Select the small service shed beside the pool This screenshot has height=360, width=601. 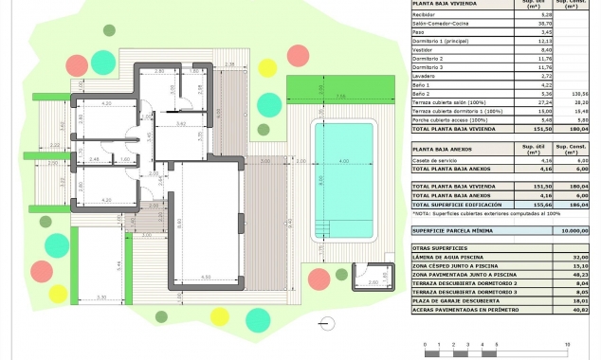368,279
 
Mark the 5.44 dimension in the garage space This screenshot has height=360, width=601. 118,264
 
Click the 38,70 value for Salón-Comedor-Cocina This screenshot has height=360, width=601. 519,23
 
